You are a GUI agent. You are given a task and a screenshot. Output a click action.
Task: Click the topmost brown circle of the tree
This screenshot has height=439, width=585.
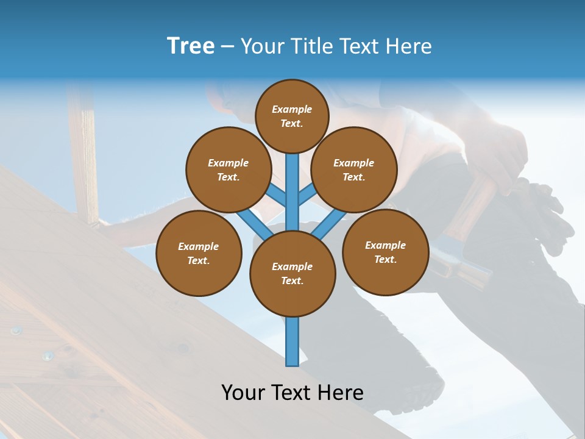[292, 116]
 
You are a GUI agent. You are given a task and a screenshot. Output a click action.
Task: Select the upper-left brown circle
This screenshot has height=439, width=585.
[228, 170]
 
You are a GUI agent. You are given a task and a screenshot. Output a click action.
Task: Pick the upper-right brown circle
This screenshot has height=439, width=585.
[354, 170]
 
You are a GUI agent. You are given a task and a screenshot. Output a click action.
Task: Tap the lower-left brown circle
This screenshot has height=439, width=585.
[199, 253]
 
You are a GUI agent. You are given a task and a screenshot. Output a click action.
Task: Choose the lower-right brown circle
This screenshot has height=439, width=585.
[386, 252]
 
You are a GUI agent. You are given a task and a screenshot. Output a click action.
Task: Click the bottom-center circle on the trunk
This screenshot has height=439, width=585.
[292, 273]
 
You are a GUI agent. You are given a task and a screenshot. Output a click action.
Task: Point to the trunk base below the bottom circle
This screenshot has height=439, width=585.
[292, 341]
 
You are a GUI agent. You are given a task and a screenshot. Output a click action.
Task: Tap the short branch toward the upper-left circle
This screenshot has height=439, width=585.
[276, 195]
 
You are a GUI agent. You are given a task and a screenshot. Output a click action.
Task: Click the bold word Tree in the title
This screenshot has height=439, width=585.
[191, 46]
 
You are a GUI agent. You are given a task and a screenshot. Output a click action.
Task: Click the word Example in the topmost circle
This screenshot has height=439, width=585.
[292, 109]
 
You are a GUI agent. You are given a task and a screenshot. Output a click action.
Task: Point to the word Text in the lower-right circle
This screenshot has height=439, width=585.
[386, 259]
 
